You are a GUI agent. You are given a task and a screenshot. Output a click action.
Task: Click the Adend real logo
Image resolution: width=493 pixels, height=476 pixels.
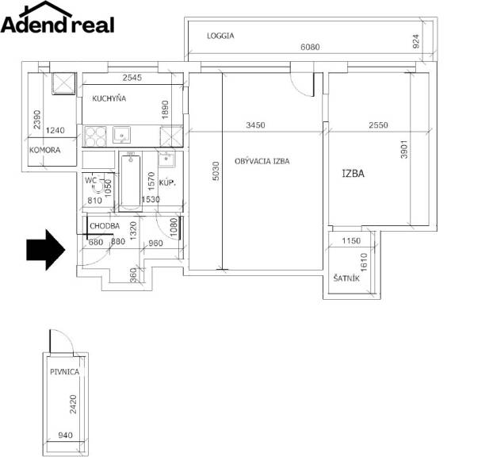[x=57, y=17]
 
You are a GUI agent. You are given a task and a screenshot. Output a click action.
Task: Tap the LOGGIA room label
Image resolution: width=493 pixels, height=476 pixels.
[x=220, y=36]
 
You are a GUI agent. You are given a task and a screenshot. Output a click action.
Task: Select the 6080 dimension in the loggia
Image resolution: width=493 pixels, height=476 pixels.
[x=310, y=47]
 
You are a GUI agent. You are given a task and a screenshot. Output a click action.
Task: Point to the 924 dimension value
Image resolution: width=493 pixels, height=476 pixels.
[x=415, y=41]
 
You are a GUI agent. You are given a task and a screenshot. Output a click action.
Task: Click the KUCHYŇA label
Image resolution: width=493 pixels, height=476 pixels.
[x=109, y=98]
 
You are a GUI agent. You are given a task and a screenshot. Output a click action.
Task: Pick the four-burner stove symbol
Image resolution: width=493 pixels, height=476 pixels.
[x=95, y=136]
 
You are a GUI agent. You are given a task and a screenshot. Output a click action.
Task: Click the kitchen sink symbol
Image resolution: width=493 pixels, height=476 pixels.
[x=121, y=136]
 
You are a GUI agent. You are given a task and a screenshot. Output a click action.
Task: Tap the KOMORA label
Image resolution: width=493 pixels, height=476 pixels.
[x=44, y=150]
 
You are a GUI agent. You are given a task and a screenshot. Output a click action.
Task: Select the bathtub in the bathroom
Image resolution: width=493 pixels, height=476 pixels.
[x=130, y=181]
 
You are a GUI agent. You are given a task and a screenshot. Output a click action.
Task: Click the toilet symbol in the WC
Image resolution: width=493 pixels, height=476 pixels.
[x=97, y=186]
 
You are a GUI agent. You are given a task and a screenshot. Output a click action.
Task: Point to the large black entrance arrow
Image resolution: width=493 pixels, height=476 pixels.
[x=46, y=250]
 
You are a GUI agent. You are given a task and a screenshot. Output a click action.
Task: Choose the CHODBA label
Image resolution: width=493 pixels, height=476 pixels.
[x=105, y=226]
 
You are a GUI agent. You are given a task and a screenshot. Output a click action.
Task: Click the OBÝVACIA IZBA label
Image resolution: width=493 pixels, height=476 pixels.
[x=262, y=161]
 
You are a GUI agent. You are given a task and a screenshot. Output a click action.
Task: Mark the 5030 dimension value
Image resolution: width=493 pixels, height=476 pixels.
[x=216, y=171]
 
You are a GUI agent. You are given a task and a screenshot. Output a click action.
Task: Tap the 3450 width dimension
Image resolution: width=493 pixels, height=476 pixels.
[x=255, y=125]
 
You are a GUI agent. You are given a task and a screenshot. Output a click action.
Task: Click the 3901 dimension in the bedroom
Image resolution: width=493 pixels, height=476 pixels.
[x=404, y=149]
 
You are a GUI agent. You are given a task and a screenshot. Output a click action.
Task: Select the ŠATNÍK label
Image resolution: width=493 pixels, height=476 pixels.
[x=346, y=278]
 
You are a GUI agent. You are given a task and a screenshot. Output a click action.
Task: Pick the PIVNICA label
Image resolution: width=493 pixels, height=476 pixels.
[x=64, y=372]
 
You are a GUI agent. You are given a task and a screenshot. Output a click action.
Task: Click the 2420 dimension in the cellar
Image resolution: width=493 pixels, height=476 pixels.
[x=73, y=405]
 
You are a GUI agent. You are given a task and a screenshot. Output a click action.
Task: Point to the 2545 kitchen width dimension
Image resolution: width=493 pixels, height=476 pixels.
[x=132, y=78]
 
